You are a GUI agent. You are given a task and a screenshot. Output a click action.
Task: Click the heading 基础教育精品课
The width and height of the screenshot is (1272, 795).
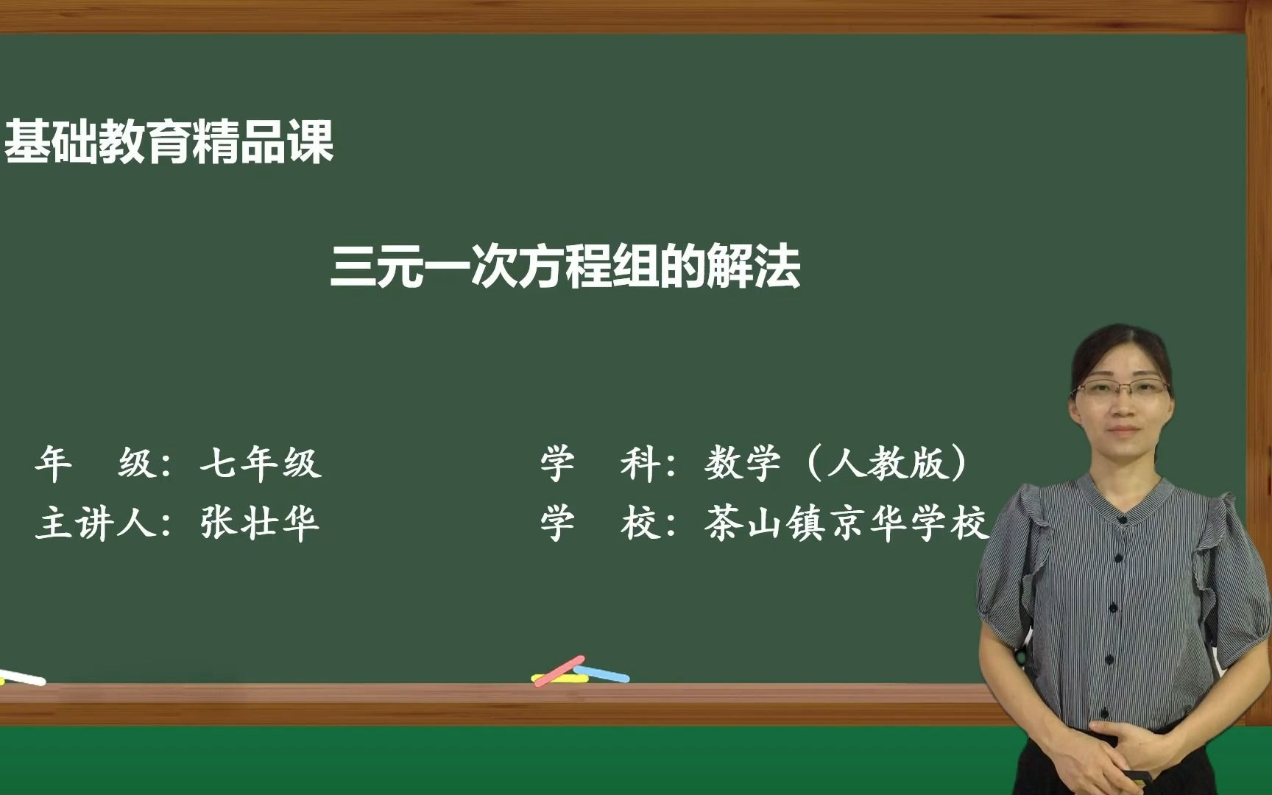point(169,142)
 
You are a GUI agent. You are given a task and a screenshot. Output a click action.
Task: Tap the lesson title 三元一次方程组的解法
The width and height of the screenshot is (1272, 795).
point(565,266)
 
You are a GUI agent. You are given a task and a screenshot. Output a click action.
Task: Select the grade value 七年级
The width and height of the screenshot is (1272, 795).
point(261,464)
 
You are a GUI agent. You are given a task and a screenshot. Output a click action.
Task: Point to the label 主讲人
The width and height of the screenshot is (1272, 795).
point(96,524)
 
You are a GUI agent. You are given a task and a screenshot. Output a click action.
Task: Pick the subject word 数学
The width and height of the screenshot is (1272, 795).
point(742,464)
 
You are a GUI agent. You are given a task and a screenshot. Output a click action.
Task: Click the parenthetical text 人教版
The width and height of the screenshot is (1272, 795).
point(886,464)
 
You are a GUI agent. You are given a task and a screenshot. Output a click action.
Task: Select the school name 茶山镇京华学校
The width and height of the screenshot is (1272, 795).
point(845,524)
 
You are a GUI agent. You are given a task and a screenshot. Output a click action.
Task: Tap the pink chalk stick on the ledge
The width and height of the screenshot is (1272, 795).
point(559,671)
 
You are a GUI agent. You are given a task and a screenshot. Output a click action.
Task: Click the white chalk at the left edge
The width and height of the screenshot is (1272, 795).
point(22,677)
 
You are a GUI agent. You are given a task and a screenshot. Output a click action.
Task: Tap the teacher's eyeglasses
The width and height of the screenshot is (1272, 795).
point(1122,389)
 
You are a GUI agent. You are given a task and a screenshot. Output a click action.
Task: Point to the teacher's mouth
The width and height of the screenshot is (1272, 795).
point(1123,429)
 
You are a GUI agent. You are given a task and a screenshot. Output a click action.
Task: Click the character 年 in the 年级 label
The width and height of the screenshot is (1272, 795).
point(53,464)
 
